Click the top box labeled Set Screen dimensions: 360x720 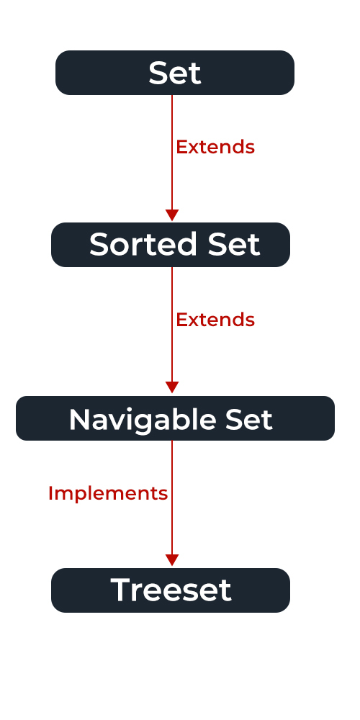pos(175,73)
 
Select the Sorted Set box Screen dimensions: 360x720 pos(171,245)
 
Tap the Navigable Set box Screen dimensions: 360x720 pos(175,418)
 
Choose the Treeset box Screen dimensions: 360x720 pos(171,590)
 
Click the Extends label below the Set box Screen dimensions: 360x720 pos(215,147)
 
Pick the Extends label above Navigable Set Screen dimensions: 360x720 pos(215,320)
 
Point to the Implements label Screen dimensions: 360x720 pos(108,494)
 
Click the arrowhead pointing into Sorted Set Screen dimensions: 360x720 pos(172,215)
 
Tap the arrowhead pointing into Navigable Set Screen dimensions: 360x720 pos(172,387)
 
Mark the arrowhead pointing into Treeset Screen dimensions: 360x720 pos(172,560)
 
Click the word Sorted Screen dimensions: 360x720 pos(145,244)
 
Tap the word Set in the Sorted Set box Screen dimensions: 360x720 pos(234,244)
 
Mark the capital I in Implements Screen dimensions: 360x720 pos(50,493)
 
